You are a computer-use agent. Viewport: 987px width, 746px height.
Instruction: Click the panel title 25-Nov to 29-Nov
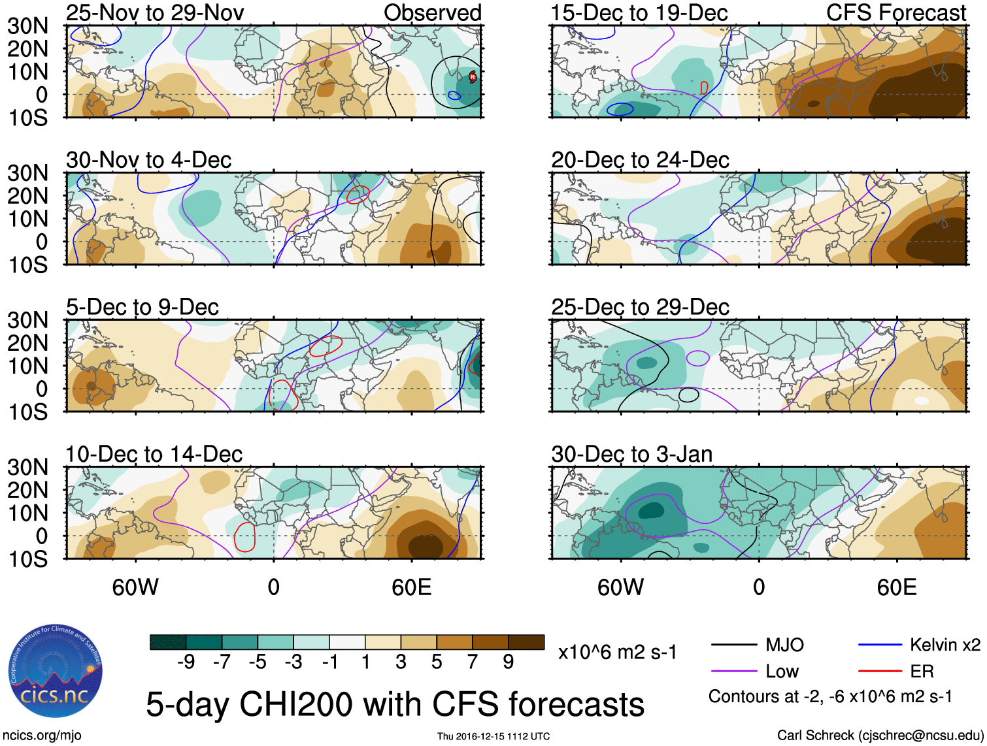coord(155,12)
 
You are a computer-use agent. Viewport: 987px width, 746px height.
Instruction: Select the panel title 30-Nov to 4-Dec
coord(148,160)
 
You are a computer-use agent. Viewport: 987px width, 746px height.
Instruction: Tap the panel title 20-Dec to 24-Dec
coord(640,160)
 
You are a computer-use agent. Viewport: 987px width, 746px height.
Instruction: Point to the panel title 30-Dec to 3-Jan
coord(631,454)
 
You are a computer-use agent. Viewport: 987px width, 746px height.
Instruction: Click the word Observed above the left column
coord(432,12)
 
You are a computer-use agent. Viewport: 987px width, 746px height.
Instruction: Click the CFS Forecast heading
coord(895,12)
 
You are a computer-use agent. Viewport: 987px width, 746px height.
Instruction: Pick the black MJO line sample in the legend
coord(734,645)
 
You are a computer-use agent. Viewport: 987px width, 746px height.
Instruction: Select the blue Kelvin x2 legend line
coord(880,645)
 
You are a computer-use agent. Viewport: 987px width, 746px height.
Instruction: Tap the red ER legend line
coord(880,671)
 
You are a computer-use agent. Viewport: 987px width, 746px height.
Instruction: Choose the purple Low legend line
coord(734,671)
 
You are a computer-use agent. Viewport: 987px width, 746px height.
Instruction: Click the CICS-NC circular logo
coord(56,673)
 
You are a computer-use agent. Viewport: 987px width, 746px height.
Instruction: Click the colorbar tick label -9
coord(186,662)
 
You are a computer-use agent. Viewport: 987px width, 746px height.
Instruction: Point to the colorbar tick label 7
coord(473,662)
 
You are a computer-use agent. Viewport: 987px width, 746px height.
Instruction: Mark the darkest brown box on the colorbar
coord(526,642)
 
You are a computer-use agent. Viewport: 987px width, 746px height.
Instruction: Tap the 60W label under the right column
coord(620,587)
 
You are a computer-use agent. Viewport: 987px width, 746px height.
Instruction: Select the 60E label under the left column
coord(411,587)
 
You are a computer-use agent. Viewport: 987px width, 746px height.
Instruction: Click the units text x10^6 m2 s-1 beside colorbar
coord(617,652)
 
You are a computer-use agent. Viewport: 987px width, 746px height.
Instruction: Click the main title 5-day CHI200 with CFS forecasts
coord(395,705)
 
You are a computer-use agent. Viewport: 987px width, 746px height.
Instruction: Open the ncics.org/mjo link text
coord(42,736)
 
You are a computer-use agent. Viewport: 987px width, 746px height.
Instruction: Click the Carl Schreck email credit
coord(880,736)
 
